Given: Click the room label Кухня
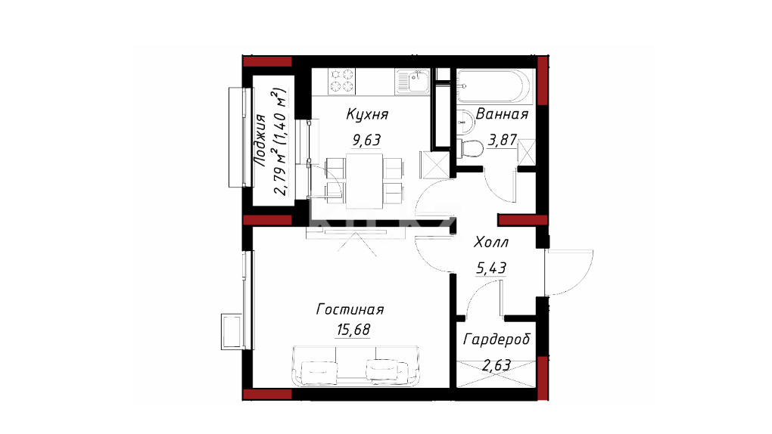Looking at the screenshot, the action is (367, 114).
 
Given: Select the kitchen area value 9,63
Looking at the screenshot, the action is (366, 140).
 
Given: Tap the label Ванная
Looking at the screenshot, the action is (502, 114).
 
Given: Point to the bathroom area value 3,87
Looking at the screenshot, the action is (503, 140).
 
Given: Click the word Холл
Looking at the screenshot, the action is (491, 242).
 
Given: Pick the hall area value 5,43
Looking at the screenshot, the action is (491, 268).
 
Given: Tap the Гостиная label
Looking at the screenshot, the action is (350, 309).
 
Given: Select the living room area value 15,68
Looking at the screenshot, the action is (353, 329).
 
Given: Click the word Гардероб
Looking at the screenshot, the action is (497, 340).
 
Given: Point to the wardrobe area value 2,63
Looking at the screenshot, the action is (497, 366).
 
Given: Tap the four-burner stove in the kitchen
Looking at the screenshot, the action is (341, 81).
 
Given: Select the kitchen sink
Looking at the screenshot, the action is (413, 81).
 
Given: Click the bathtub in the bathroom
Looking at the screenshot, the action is (494, 87).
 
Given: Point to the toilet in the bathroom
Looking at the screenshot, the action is (470, 148).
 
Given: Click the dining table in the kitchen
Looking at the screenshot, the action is (364, 181).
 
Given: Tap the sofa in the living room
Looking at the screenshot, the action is (356, 366).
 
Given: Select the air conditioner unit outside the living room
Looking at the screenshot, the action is (232, 332).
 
